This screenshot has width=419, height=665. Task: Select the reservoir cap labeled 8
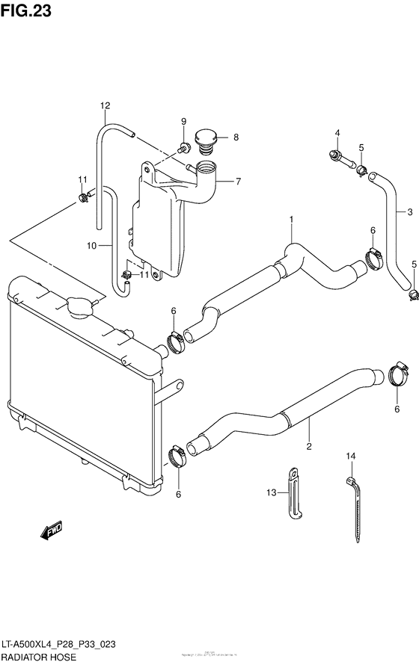(x=204, y=138)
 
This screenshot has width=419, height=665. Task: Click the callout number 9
(x=182, y=122)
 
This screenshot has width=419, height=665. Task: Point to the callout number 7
(x=237, y=181)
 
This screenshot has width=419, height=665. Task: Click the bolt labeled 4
(x=334, y=156)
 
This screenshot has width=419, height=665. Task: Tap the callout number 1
(x=292, y=219)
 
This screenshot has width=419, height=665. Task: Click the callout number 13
(x=272, y=492)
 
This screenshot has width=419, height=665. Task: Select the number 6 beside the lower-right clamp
(x=397, y=409)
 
